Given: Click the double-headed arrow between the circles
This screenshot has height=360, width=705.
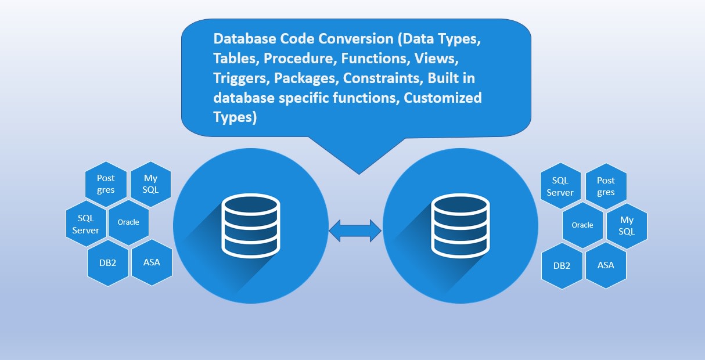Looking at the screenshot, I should point(355,231).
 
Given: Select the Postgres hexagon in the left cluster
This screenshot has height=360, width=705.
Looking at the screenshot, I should point(106,184).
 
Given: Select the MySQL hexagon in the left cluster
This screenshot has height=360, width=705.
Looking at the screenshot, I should point(150,184).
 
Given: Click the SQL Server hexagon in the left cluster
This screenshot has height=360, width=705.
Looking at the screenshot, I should point(85,224).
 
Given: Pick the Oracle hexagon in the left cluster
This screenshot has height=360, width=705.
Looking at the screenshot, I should point(128,222).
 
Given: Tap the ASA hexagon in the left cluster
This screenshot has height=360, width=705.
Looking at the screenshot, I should point(152,262).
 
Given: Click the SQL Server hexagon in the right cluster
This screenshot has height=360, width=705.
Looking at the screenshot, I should point(560,186).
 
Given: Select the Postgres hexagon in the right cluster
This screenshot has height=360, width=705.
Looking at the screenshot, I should point(606,186).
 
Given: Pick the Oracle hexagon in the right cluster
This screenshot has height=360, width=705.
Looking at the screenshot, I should point(582,225).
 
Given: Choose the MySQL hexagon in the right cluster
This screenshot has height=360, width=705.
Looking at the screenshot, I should point(627,225).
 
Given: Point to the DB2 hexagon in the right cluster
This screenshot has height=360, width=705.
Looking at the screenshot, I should point(562,266).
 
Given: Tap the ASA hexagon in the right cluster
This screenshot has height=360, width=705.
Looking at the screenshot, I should point(606,265).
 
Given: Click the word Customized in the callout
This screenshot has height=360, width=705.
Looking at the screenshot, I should point(443,98).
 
